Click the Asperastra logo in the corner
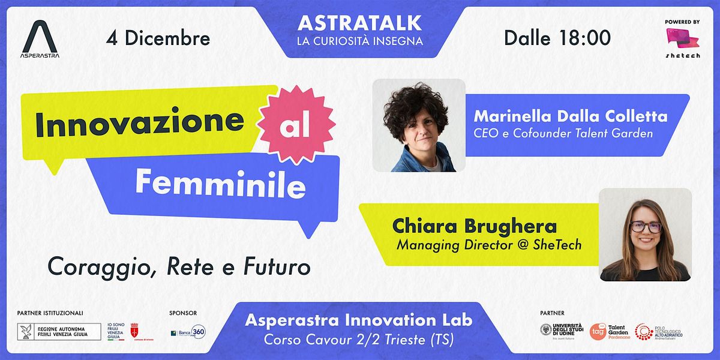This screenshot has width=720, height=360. click(40, 37)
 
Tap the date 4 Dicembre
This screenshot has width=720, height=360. click(158, 38)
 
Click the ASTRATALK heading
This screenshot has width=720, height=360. click(360, 23)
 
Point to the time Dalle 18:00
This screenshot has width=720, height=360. click(557, 38)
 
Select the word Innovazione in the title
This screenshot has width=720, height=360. click(139, 122)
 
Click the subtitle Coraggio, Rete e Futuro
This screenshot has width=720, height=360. click(179, 266)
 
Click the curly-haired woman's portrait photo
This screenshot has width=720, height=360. click(419, 125)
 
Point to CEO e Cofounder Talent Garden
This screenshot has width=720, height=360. click(563, 133)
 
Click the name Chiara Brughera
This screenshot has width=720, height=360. click(474, 226)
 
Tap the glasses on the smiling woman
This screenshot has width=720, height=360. click(646, 227)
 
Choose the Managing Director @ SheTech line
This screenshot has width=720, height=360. click(489, 245)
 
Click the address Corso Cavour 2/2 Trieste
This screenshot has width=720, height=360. click(359, 339)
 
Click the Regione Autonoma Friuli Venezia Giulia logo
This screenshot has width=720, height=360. click(59, 332)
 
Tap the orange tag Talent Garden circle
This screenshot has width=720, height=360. click(598, 332)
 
